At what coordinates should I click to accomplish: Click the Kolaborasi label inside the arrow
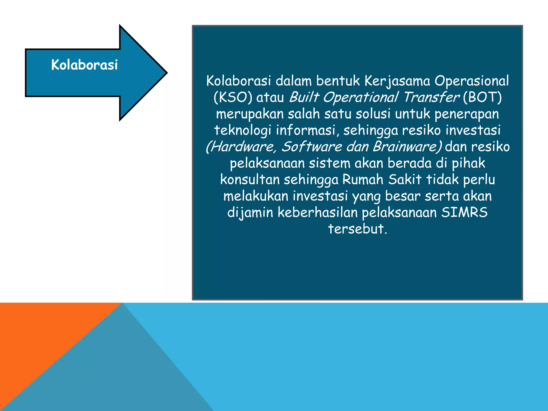click(x=85, y=65)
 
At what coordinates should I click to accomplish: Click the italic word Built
click(x=304, y=97)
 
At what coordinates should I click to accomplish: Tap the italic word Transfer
click(x=431, y=97)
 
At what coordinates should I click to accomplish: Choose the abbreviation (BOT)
click(x=482, y=97)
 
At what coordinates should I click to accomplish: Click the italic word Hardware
click(x=241, y=147)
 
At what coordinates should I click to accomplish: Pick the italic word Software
click(x=312, y=147)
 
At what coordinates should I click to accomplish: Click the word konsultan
click(x=250, y=180)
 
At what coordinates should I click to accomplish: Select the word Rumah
click(x=363, y=180)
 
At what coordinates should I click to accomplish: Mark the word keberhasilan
click(x=317, y=212)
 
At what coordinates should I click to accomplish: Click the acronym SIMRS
click(x=464, y=212)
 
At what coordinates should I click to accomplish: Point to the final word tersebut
click(x=357, y=229)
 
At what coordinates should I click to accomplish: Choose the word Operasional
click(x=471, y=81)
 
